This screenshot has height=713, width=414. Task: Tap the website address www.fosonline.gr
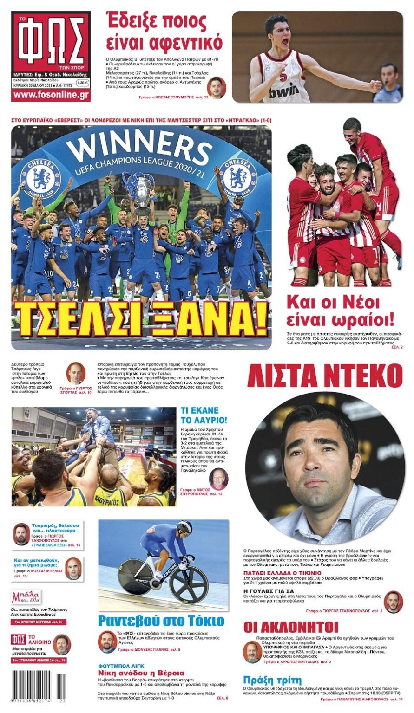(x=51, y=95)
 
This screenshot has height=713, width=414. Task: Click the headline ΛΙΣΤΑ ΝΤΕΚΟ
(x=324, y=376)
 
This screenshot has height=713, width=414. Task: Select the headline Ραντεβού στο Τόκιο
(x=161, y=621)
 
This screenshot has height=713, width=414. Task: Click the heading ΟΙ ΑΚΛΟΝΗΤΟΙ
(x=291, y=627)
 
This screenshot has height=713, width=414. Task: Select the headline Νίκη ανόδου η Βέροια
(x=141, y=673)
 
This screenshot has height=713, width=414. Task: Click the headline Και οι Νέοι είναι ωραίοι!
(x=340, y=311)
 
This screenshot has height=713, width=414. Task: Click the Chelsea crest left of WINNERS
(x=40, y=178)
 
